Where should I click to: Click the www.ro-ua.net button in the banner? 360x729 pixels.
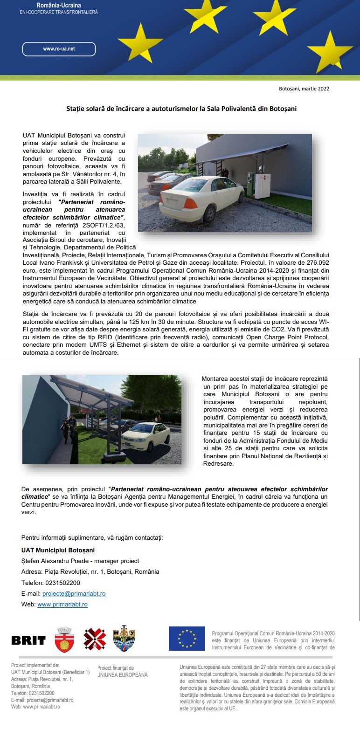[x=59, y=49]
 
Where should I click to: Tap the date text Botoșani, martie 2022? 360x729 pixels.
[x=304, y=89]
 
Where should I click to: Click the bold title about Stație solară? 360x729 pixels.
[x=181, y=109]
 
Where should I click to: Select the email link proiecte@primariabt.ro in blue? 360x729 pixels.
[x=74, y=594]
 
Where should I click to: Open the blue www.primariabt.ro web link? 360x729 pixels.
[x=62, y=605]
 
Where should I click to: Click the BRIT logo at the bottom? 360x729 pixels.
[x=28, y=640]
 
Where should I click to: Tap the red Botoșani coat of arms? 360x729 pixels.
[x=64, y=640]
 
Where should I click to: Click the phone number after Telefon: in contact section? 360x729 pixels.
[x=62, y=583]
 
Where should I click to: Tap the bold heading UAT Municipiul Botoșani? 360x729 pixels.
[x=58, y=550]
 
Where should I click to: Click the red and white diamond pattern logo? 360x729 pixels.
[x=95, y=639]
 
